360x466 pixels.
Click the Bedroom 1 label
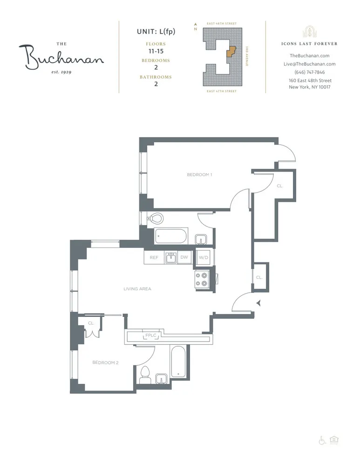click(199, 175)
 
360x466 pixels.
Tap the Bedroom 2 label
click(105, 363)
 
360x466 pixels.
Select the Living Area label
click(137, 289)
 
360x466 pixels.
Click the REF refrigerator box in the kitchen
click(154, 257)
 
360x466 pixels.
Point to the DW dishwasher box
click(184, 257)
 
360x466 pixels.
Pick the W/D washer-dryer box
click(203, 257)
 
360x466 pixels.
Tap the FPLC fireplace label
click(150, 336)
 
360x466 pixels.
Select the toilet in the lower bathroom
click(144, 374)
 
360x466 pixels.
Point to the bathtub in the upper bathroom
click(171, 236)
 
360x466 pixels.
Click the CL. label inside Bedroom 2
click(91, 322)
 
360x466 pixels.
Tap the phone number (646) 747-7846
click(310, 72)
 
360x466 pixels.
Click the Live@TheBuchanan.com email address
click(310, 64)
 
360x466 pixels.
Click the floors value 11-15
click(156, 51)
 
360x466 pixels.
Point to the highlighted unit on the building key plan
click(231, 51)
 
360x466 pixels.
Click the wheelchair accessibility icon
click(321, 440)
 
